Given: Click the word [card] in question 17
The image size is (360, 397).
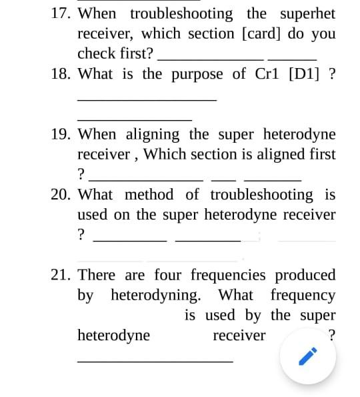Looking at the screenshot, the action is point(265,33).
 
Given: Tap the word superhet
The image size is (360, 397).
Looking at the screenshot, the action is point(307,13).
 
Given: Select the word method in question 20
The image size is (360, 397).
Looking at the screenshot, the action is point(149,195).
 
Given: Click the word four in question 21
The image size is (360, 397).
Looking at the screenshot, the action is point(169,275).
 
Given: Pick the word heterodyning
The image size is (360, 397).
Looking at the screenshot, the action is point(155,295).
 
